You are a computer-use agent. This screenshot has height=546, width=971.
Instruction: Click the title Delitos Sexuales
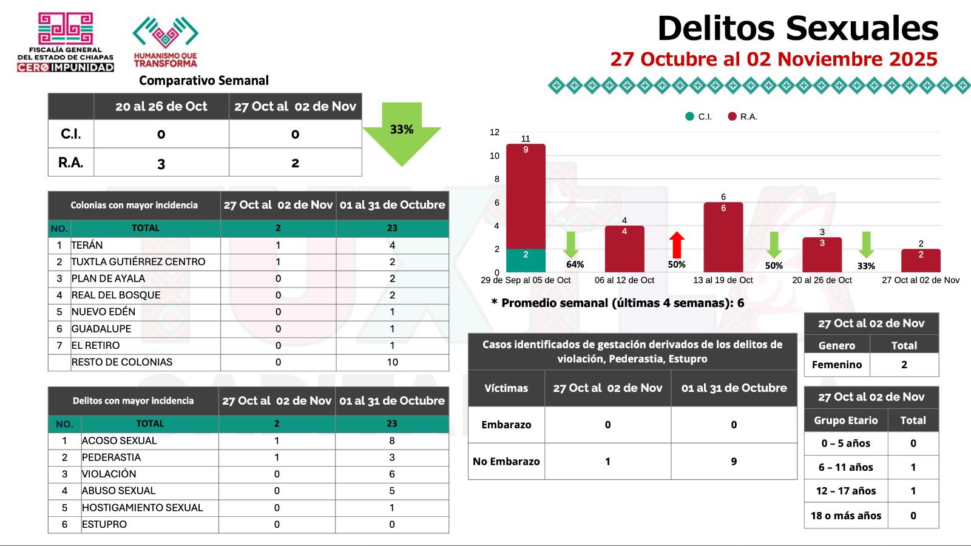[x=797, y=29]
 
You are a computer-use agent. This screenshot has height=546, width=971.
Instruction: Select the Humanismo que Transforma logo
[x=165, y=41]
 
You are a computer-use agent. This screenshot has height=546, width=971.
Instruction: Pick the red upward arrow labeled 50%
[x=677, y=245]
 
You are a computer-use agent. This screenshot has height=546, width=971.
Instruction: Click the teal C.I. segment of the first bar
[x=526, y=260]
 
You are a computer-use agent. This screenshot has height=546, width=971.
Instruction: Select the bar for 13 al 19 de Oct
[x=723, y=237]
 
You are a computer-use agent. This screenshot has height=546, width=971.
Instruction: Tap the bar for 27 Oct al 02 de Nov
[x=921, y=261]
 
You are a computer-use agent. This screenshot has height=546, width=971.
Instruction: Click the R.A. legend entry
[x=743, y=116]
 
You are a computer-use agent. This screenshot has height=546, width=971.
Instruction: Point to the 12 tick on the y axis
[x=495, y=132]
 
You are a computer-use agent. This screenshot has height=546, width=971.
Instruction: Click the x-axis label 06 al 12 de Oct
[x=624, y=280]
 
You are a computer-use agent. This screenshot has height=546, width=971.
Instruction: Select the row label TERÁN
[x=87, y=245]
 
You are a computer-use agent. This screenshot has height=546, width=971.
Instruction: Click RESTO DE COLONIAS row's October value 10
[x=392, y=362]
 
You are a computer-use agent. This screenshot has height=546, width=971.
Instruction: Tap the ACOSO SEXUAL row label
[x=120, y=441]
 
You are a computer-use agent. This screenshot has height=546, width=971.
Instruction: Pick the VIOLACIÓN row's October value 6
[x=391, y=474]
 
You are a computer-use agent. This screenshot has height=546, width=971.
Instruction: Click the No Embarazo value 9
[x=734, y=462]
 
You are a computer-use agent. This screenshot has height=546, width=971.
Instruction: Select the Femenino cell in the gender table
[x=836, y=365]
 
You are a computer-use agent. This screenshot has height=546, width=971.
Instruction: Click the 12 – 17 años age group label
[x=845, y=491]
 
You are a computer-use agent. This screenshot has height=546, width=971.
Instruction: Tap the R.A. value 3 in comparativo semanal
[x=161, y=163]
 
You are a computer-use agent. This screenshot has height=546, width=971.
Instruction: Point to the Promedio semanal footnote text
[x=618, y=303]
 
